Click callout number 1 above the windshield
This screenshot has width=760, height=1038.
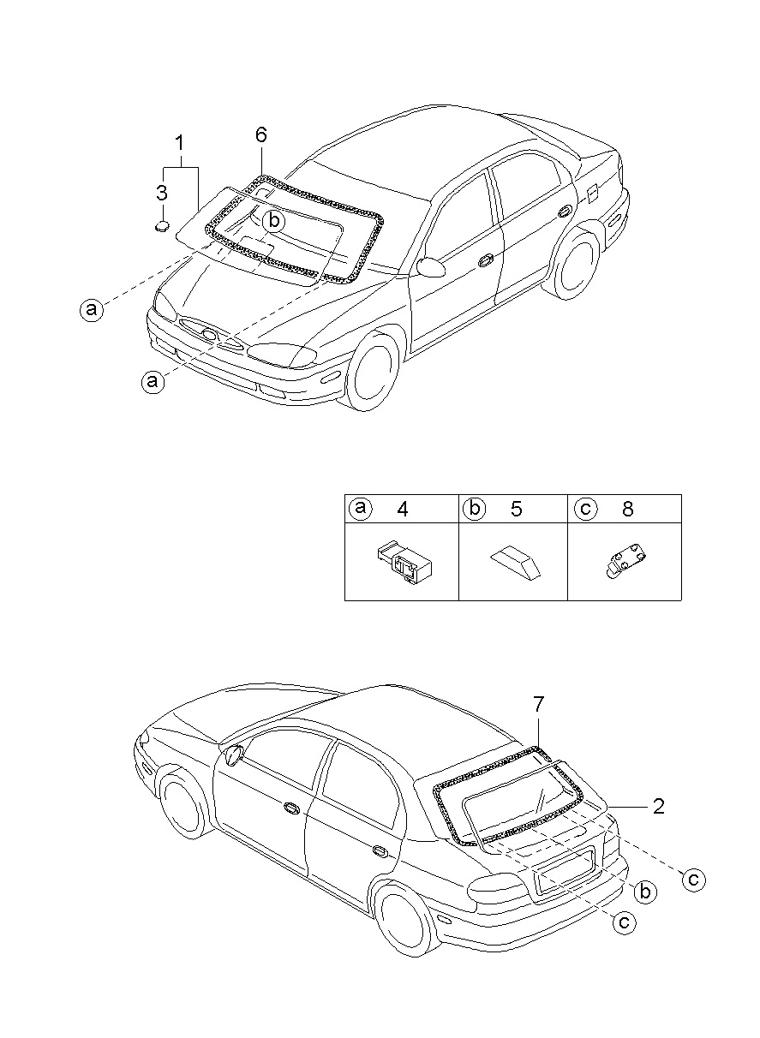pyautogui.click(x=180, y=142)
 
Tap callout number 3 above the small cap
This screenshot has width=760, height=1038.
pyautogui.click(x=162, y=192)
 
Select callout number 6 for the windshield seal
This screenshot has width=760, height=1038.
pyautogui.click(x=261, y=134)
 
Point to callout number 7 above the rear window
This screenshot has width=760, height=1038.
pyautogui.click(x=538, y=704)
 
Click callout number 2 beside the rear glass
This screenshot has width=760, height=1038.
pyautogui.click(x=659, y=806)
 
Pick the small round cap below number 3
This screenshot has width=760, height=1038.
pyautogui.click(x=162, y=227)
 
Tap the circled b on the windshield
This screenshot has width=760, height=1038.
pyautogui.click(x=273, y=221)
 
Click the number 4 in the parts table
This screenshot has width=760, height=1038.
pyautogui.click(x=403, y=509)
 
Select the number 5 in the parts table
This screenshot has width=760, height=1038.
pyautogui.click(x=516, y=509)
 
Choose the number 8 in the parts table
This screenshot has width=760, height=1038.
pyautogui.click(x=628, y=509)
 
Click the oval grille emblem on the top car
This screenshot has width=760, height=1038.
pyautogui.click(x=208, y=332)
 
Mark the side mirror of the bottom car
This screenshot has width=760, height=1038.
pyautogui.click(x=232, y=755)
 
